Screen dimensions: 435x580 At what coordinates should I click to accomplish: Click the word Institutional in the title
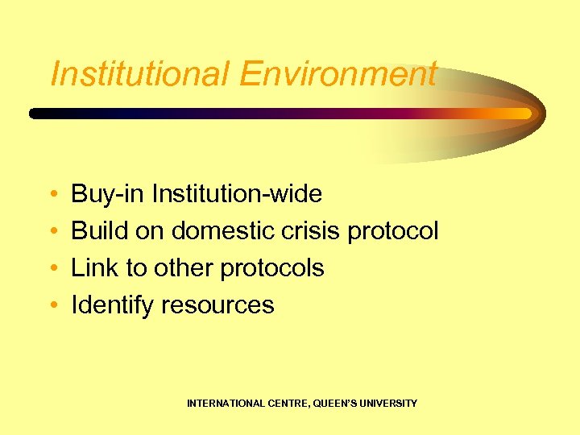pyautogui.click(x=139, y=74)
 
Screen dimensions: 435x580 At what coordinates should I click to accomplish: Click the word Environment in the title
pyautogui.click(x=338, y=74)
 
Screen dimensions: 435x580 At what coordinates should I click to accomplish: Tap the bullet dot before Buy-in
pyautogui.click(x=52, y=195)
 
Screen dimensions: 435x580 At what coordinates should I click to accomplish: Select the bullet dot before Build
pyautogui.click(x=52, y=232)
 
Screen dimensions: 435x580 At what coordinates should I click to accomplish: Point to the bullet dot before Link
pyautogui.click(x=52, y=269)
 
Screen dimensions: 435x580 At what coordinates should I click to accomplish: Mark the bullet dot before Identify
pyautogui.click(x=52, y=306)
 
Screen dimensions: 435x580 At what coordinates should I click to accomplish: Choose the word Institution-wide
pyautogui.click(x=237, y=194)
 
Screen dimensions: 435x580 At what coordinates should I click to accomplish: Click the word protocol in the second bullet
pyautogui.click(x=393, y=232)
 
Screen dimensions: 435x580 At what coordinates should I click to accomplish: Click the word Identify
pyautogui.click(x=113, y=306)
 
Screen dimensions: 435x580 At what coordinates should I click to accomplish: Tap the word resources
pyautogui.click(x=217, y=305)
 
